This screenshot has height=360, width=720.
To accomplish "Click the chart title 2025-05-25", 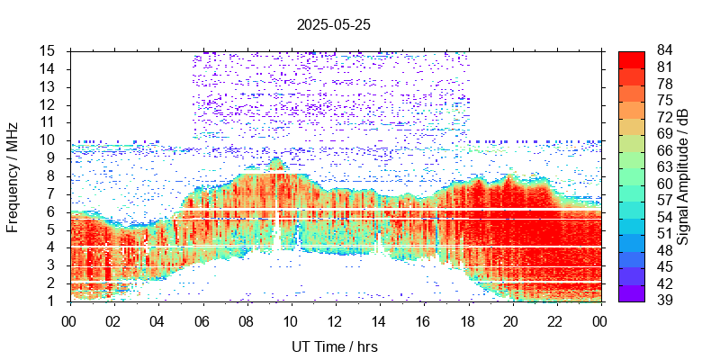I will pos(333,25).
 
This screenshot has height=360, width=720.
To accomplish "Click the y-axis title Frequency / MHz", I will pos(13,175).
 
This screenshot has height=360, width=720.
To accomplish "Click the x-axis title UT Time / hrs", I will pos(333,346).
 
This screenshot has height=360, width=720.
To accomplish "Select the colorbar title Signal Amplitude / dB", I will pos(683,175).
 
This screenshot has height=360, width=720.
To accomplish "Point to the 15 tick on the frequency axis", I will pos(49,50).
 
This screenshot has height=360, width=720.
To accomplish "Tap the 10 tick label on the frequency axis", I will pos(49,139).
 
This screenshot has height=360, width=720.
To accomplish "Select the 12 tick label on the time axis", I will pos(335,320).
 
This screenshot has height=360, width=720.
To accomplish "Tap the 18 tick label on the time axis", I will pos(468,320).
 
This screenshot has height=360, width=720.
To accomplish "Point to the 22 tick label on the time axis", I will pos(556,320).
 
